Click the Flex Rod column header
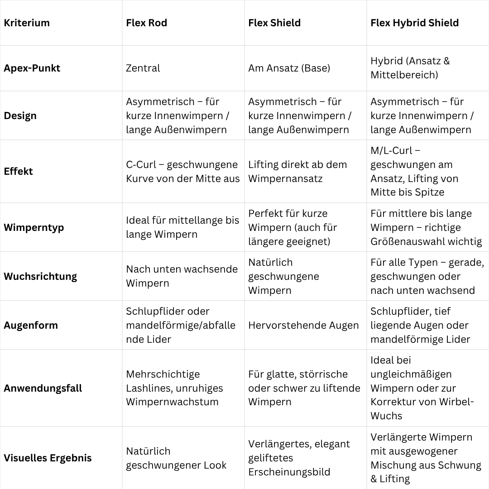[x=146, y=23]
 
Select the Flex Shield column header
[x=274, y=23]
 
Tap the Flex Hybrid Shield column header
[x=414, y=23]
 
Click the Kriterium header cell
[x=27, y=23]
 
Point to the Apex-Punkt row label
[x=32, y=68]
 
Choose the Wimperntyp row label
[x=34, y=227]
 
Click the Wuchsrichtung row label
[x=40, y=276]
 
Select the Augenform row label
[x=31, y=325]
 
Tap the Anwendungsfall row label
[x=43, y=388]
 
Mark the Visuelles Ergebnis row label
[x=48, y=458]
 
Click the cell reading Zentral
[x=143, y=68]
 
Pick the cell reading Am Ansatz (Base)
[x=289, y=68]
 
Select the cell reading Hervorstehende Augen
[x=303, y=325]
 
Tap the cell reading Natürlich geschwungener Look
[x=176, y=458]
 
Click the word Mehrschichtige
[x=163, y=374]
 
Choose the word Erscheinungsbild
[x=289, y=472]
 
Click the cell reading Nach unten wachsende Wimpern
[x=181, y=276]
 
